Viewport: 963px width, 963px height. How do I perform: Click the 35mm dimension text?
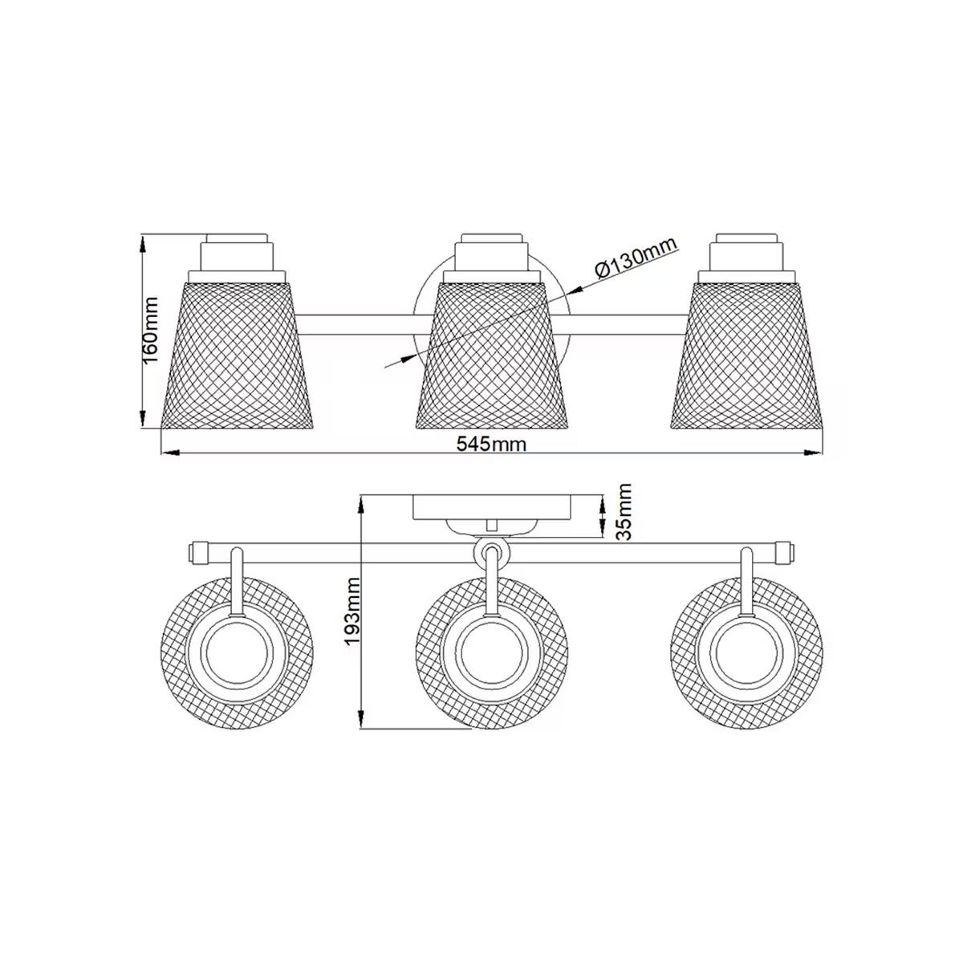pos(623,510)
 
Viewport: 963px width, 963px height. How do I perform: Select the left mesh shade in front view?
pos(237,353)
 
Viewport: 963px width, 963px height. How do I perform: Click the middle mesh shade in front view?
pos(492,353)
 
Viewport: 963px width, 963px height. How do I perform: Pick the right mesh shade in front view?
pos(747,353)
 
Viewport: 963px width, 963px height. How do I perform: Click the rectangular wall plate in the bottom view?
pos(492,506)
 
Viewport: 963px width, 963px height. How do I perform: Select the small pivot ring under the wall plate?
pos(490,553)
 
